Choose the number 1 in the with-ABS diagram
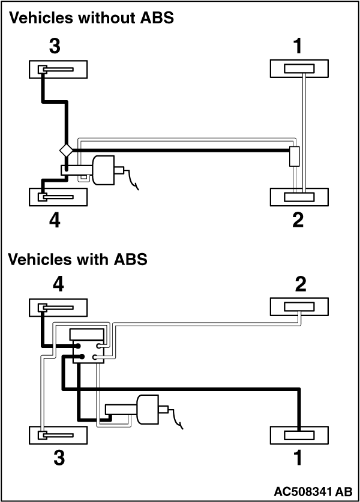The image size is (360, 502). tap(298, 459)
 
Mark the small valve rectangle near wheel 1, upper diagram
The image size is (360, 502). tap(294, 157)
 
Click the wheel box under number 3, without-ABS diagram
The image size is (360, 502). tap(58, 69)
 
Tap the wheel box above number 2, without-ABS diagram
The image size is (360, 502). tap(298, 197)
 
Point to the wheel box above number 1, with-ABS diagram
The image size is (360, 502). tap(298, 435)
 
